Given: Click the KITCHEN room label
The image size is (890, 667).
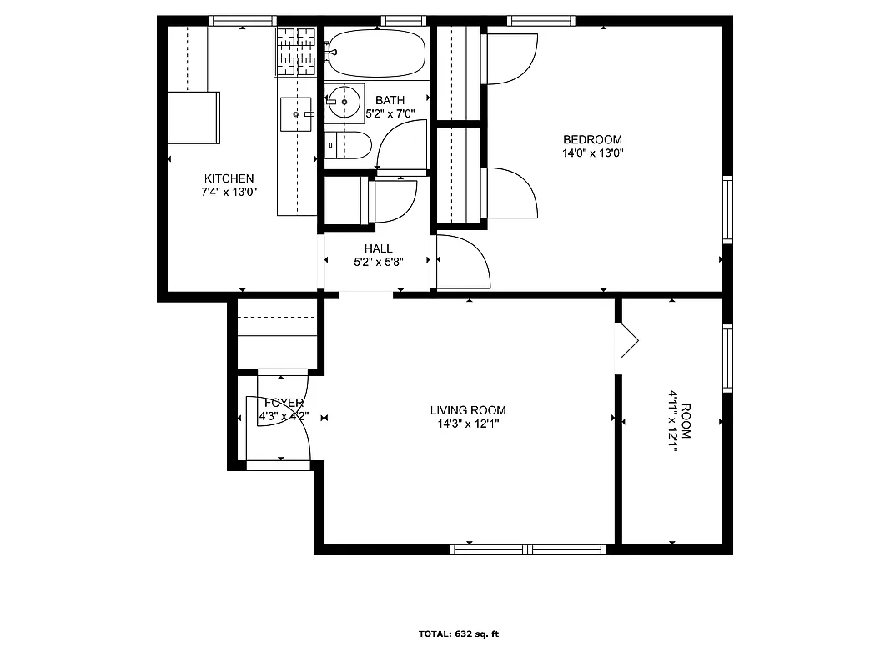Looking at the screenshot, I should [229, 178].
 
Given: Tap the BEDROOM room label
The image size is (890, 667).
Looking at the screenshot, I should [592, 139].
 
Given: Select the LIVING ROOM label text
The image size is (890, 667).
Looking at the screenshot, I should [468, 410].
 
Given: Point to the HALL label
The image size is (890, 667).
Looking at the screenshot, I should [378, 248].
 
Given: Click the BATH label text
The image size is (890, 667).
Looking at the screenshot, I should [390, 100].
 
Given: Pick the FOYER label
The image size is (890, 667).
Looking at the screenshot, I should [284, 403].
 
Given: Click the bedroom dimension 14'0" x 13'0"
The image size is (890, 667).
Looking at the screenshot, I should [592, 153].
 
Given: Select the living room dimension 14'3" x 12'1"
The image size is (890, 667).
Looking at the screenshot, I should [468, 424].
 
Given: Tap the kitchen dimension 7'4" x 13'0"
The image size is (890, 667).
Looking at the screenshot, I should [229, 192].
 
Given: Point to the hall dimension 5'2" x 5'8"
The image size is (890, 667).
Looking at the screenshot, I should [378, 262].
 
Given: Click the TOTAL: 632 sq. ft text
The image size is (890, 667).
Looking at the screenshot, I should [458, 634].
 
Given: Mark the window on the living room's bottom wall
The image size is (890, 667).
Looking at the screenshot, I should [527, 549].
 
